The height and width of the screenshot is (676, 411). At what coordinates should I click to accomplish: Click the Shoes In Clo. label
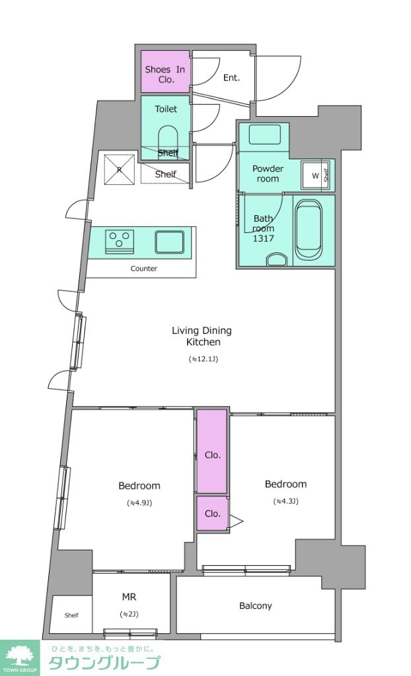165,74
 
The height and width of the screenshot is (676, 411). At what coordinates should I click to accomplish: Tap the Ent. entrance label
231,78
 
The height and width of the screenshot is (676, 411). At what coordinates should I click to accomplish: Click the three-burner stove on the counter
119,241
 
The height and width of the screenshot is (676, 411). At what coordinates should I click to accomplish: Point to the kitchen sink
170,242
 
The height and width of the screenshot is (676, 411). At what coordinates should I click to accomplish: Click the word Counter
144,269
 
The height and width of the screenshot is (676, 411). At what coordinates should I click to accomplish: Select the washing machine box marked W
316,176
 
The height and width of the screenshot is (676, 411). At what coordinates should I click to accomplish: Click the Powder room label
268,174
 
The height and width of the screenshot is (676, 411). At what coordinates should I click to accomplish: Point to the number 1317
264,238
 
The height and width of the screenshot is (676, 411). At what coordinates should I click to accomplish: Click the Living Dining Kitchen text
202,336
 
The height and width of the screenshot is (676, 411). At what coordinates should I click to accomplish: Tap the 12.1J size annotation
203,358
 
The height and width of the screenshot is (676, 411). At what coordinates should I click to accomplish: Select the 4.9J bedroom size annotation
139,502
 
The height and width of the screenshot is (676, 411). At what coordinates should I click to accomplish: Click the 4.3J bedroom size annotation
286,501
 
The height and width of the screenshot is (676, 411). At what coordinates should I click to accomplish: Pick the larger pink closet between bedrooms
212,451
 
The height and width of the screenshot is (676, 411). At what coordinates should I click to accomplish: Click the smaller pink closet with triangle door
212,513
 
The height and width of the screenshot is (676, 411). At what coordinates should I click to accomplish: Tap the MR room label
129,597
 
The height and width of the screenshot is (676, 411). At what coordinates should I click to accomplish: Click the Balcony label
256,606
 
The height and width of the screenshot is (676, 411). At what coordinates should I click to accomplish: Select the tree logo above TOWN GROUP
19,655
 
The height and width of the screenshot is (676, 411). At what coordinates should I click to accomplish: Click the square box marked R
120,169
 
